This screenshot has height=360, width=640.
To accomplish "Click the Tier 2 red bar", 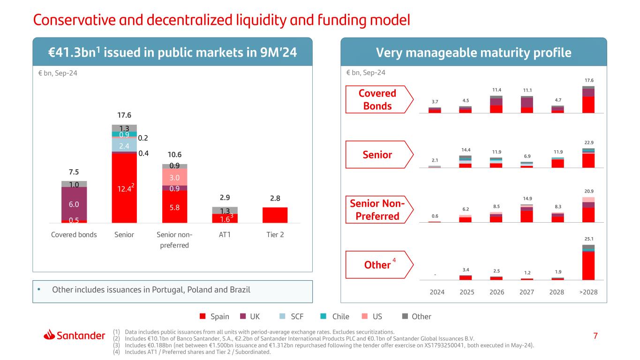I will click(x=275, y=215).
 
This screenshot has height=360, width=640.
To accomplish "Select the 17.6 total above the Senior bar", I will click(x=124, y=115).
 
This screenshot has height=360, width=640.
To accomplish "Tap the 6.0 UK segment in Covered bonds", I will click(x=74, y=204).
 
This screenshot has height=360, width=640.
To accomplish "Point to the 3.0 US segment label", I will click(x=174, y=178).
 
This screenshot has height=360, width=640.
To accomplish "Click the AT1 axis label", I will click(x=225, y=235).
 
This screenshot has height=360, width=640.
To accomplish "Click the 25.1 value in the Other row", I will click(x=588, y=239).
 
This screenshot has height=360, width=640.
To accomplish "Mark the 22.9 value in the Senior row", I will click(x=588, y=142).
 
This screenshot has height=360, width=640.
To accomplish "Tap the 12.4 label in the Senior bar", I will click(x=122, y=189).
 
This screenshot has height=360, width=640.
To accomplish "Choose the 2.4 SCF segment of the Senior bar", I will click(x=124, y=146).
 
